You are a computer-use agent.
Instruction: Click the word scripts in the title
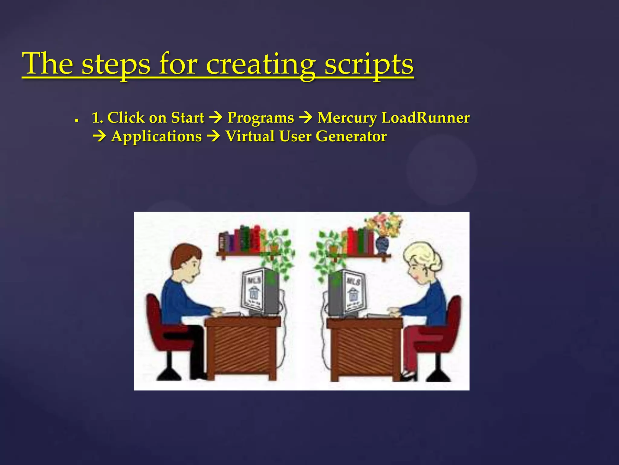(x=369, y=64)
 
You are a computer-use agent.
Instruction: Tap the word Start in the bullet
(x=187, y=117)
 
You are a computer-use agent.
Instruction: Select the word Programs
(x=261, y=118)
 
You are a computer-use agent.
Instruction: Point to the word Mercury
(x=347, y=118)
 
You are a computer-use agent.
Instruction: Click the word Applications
(x=156, y=137)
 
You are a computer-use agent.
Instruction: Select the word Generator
(x=351, y=136)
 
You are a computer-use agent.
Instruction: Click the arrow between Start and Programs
(x=216, y=117)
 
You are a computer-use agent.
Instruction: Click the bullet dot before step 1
(x=77, y=120)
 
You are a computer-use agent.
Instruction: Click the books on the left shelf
(x=240, y=239)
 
